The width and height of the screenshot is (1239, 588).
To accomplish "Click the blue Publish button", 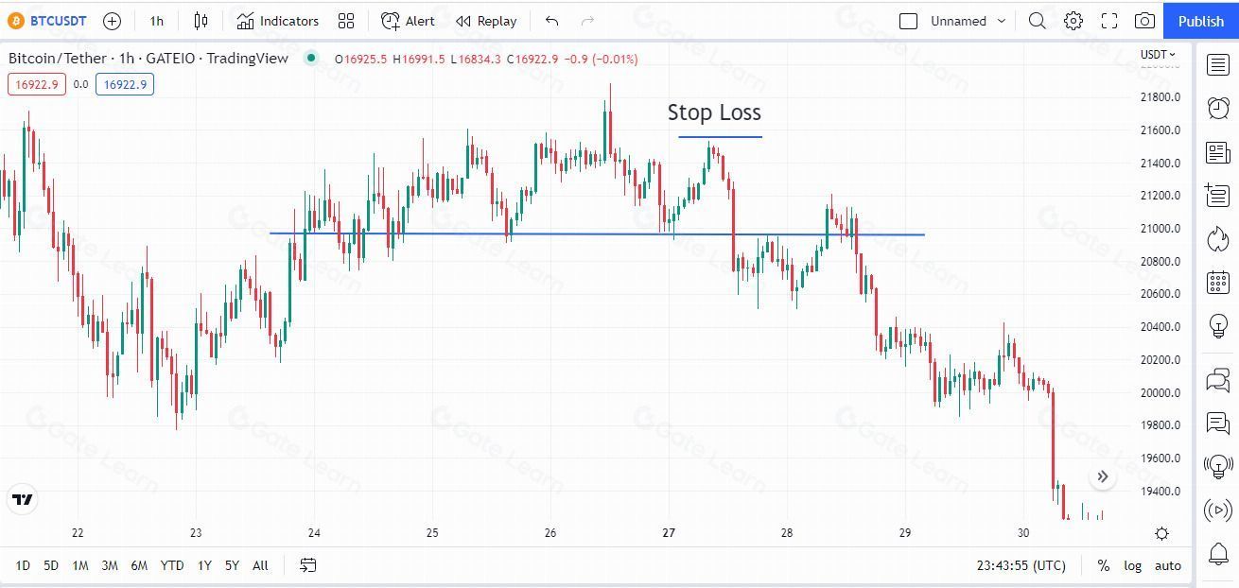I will click(1200, 21).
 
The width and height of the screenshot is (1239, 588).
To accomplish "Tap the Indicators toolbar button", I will click(278, 21).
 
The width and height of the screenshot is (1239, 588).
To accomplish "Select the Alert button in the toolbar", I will click(409, 21).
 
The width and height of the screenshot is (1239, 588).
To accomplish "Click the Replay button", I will click(486, 21).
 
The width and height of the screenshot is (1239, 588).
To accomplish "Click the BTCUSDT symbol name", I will click(58, 21).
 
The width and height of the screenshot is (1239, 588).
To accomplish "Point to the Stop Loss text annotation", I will click(714, 112).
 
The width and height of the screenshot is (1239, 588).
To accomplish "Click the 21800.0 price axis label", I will click(1159, 97).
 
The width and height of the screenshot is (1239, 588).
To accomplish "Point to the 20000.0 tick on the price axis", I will click(1159, 392).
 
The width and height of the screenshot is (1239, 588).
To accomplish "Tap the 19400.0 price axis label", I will click(1159, 491).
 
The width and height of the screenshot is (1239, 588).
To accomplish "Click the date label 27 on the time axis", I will click(669, 533).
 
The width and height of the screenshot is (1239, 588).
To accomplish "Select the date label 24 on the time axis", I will click(314, 533).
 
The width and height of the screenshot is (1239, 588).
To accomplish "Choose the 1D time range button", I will click(23, 565).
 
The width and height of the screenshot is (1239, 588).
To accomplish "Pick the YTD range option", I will click(171, 565).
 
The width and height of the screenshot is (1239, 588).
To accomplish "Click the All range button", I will click(260, 565).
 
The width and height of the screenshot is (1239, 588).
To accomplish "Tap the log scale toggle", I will click(1132, 565).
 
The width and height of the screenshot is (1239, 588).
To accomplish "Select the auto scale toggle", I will click(1168, 565).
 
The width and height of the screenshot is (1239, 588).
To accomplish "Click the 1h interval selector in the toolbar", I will click(157, 21).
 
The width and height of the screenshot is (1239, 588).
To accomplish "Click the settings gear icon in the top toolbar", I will click(1073, 21).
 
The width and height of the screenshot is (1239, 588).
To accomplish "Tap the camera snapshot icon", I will click(1144, 21).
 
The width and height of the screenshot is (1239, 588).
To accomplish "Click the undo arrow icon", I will click(552, 21).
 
